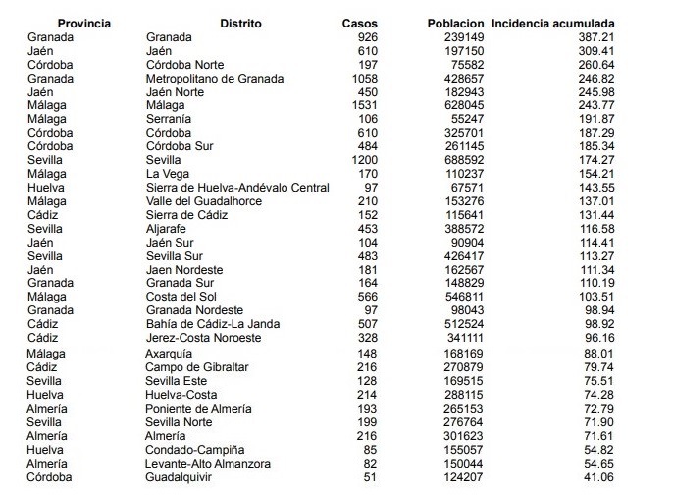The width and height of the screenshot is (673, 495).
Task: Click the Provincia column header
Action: tap(84, 23)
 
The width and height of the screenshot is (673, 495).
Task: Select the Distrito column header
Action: tap(240, 23)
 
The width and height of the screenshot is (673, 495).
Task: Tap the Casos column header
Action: tap(359, 23)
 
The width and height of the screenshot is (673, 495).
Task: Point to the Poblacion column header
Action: tap(456, 23)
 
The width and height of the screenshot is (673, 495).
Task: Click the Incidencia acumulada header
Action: tap(553, 23)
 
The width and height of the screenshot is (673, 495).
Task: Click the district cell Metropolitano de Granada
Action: tap(215, 78)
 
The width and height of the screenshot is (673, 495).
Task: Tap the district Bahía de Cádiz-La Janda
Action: tap(205, 324)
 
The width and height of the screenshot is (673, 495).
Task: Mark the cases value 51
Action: tap(369, 476)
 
